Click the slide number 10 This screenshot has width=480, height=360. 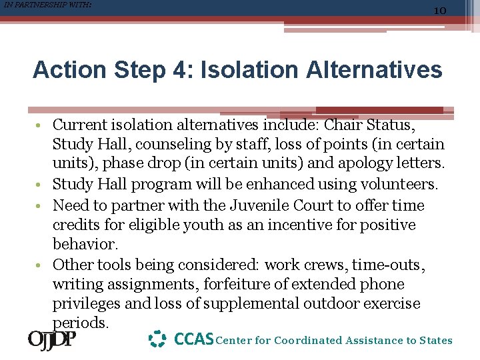tap(439, 11)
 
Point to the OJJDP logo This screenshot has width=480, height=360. tap(52, 340)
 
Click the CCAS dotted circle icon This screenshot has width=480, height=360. tap(157, 339)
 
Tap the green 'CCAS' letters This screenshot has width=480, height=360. tap(194, 340)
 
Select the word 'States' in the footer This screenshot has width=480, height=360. tap(436, 341)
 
